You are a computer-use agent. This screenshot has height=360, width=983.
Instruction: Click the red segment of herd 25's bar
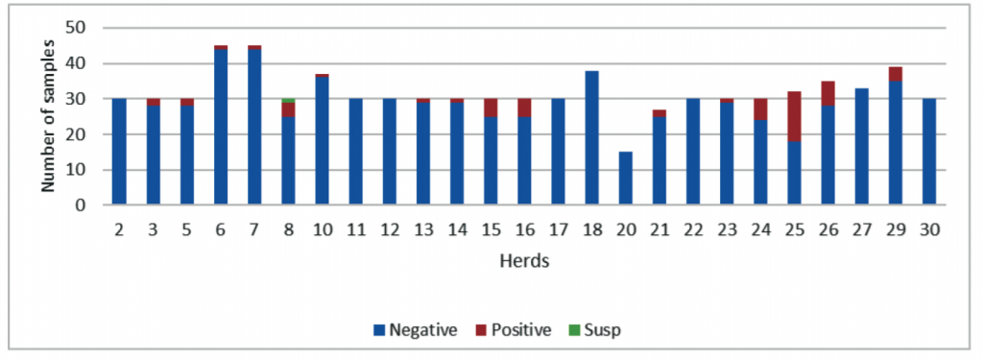click(x=794, y=116)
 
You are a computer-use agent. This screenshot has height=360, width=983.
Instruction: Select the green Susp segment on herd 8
click(x=288, y=100)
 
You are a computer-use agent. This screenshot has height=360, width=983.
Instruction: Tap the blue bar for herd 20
click(x=626, y=178)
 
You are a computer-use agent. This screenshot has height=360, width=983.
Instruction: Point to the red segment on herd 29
click(x=895, y=74)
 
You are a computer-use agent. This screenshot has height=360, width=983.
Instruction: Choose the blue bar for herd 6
click(x=221, y=126)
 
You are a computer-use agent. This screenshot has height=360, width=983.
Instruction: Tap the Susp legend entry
click(x=596, y=330)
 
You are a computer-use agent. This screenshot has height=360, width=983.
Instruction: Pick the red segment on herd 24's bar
click(x=760, y=109)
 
